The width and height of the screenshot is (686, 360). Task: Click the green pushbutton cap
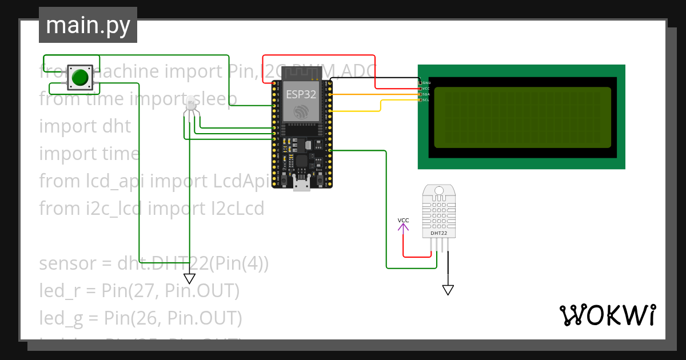pos(81,77)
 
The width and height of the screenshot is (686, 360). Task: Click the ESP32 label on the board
pos(301,95)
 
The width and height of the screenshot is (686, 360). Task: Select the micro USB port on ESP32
pos(301,183)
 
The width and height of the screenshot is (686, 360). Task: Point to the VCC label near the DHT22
pos(404,221)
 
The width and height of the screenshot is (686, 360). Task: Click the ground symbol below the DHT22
pos(448,290)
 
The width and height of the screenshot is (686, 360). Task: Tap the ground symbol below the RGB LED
pos(189,278)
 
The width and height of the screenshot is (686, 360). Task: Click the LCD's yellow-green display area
pos(523,117)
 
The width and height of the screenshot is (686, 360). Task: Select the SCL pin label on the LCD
pos(426,100)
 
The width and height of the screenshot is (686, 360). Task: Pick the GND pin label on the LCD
pos(426,83)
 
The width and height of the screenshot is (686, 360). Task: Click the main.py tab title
pos(88,25)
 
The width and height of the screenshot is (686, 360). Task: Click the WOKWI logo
pos(607,315)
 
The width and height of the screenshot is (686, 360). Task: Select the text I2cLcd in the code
pos(234,209)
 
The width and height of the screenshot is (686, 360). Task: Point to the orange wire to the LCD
pos(372,94)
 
